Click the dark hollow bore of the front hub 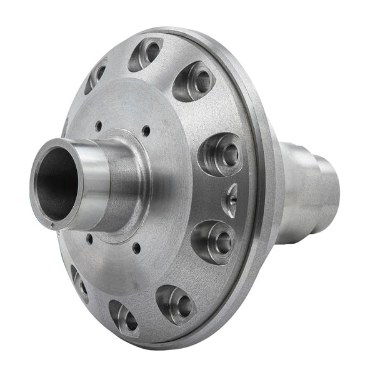pyautogui.click(x=56, y=181)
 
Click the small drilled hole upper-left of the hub pyautogui.click(x=99, y=125)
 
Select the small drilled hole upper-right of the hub pyautogui.click(x=146, y=132)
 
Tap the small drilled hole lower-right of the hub pyautogui.click(x=136, y=248)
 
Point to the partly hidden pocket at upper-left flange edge pyautogui.click(x=97, y=74)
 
